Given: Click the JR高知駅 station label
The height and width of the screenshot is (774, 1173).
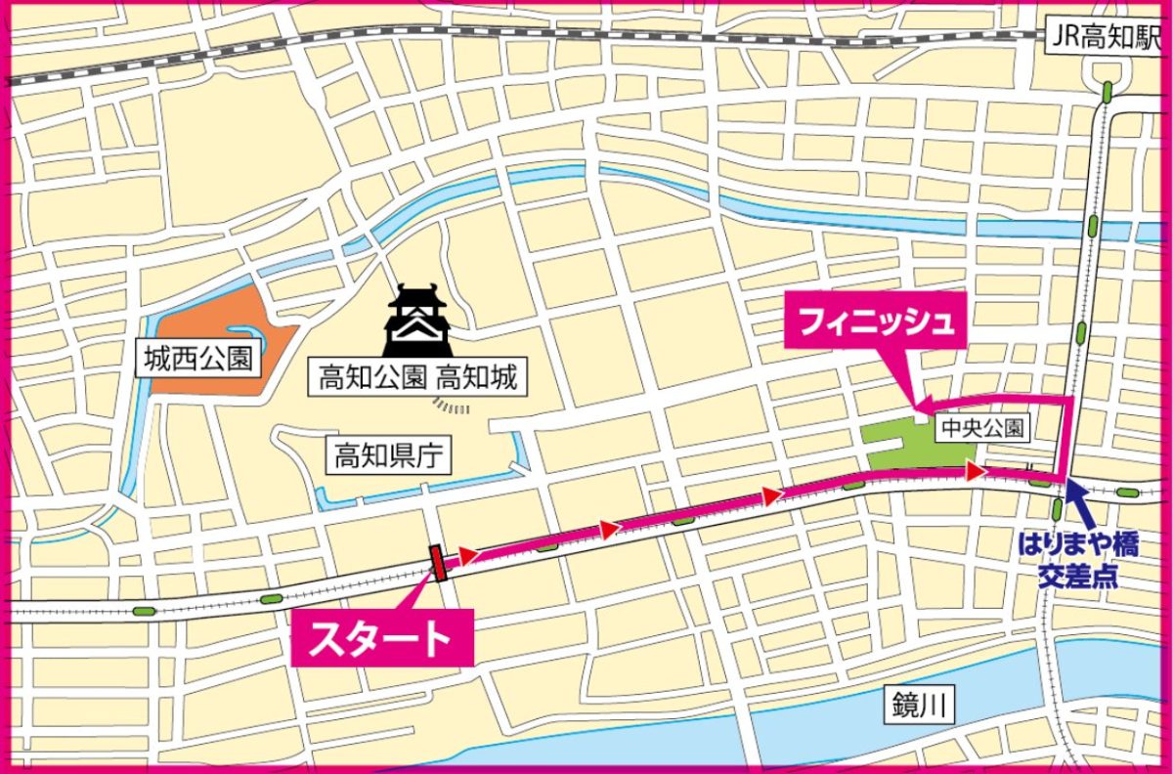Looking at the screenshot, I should [1104, 37].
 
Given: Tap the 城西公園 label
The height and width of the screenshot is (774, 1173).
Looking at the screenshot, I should [198, 360].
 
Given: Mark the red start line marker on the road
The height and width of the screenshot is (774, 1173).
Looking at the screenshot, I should [438, 563].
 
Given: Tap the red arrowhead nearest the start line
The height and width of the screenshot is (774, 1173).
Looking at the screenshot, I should [468, 555].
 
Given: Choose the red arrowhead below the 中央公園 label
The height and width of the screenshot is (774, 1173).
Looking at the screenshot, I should [974, 472].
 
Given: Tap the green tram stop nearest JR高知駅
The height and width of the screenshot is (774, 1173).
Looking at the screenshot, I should [1107, 93].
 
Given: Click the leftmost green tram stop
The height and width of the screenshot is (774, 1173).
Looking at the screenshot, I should [144, 612].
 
